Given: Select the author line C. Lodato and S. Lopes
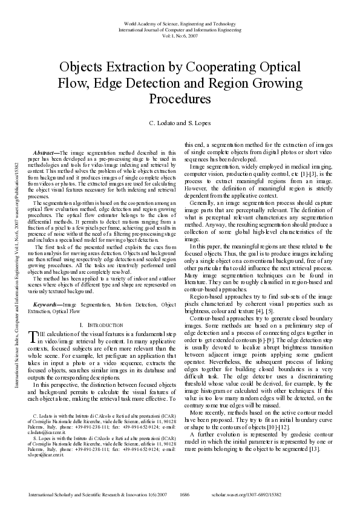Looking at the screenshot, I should [x=180, y=123].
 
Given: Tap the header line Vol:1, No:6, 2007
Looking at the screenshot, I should [x=180, y=34].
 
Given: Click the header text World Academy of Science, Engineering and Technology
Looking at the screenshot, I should [x=180, y=22].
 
